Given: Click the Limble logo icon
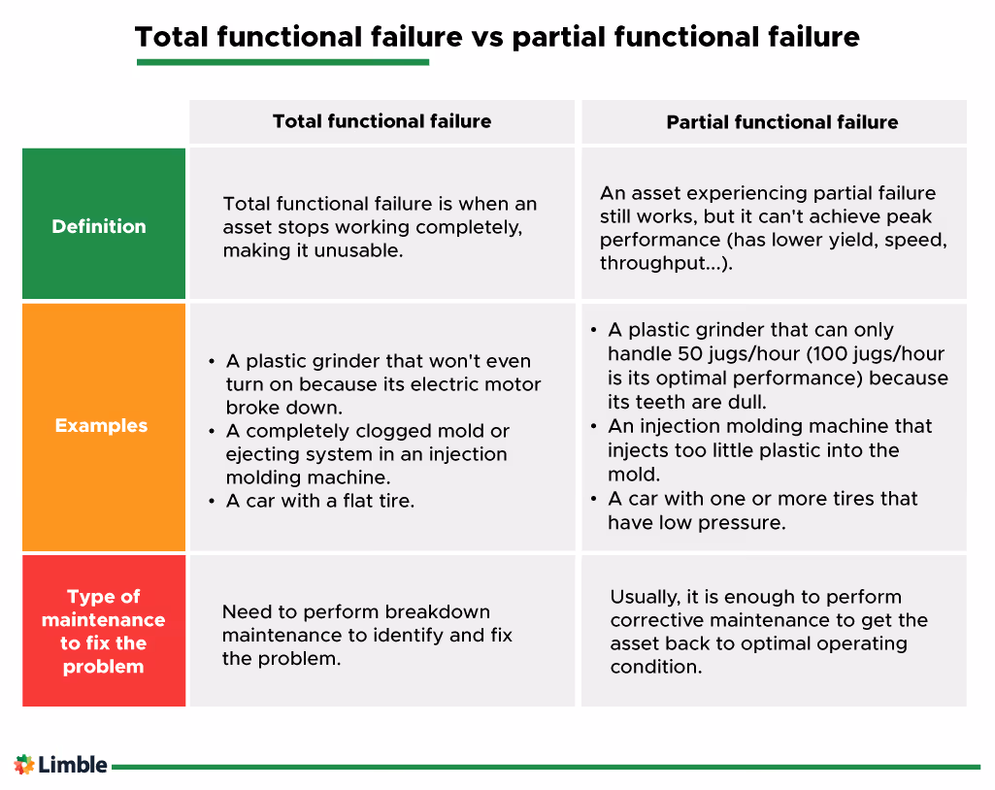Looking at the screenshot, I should [x=24, y=765].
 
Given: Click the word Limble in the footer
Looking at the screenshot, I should [x=73, y=765].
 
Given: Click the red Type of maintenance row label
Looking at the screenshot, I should [x=104, y=632].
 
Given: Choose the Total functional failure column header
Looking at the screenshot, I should [x=381, y=121].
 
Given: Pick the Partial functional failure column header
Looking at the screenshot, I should [x=781, y=122].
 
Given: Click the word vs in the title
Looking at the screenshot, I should [x=487, y=38].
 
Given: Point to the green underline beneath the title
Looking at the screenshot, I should [x=282, y=63].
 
